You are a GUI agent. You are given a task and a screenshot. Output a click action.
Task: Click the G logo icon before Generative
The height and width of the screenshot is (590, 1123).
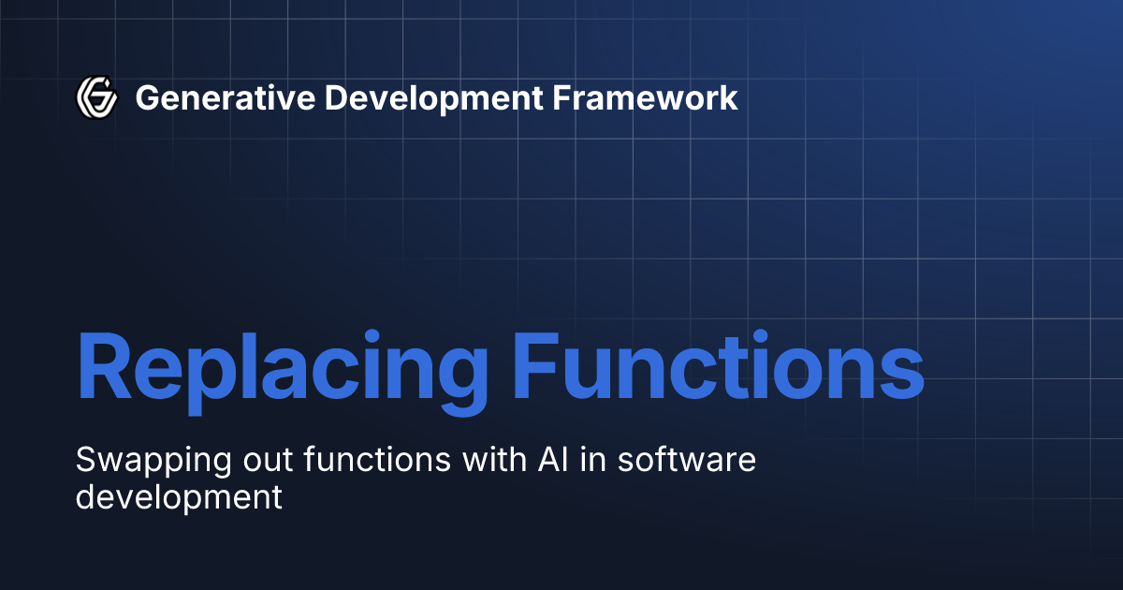(96, 96)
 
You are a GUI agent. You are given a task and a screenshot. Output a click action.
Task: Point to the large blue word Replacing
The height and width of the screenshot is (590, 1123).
(282, 368)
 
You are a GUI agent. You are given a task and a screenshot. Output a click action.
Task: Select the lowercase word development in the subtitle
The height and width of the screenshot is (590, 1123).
(178, 497)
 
